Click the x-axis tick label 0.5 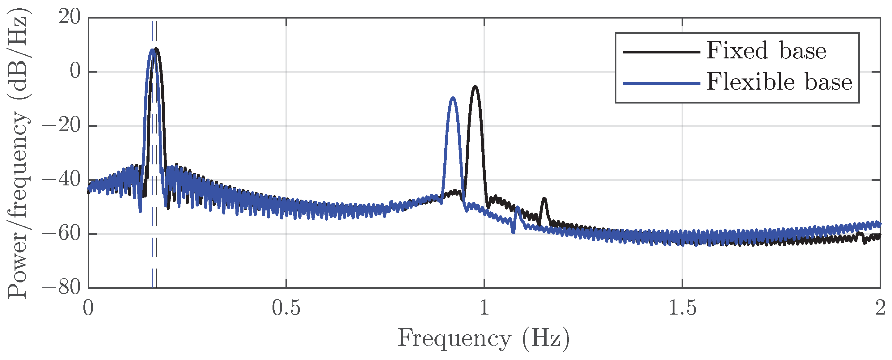click(286, 308)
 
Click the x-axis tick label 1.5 click(682, 308)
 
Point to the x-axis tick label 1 click(484, 308)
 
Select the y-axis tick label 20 click(70, 17)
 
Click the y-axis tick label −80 click(61, 287)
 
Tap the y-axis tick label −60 click(61, 234)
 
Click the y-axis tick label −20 click(61, 125)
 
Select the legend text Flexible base click(779, 83)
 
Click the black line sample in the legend click(662, 52)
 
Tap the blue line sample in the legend click(662, 83)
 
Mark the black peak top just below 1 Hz click(476, 86)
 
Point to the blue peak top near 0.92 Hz click(453, 98)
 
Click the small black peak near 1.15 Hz click(544, 199)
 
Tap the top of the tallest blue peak click(152, 49)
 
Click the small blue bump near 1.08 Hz click(517, 208)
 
